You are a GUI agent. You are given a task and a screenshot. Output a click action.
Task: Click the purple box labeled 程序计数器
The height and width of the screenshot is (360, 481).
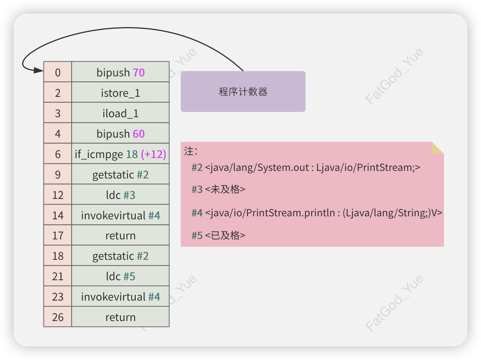point(243,92)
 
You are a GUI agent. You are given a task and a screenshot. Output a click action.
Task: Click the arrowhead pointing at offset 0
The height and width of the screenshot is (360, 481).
point(39,70)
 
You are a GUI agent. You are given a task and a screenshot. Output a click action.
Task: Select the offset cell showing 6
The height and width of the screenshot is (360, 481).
point(57,154)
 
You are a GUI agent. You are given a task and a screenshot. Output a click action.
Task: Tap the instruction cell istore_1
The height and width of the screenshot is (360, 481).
point(120,93)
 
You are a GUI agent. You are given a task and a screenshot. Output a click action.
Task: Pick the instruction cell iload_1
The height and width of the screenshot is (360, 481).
point(120,113)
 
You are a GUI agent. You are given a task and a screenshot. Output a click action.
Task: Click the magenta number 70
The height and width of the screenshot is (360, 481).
point(139,73)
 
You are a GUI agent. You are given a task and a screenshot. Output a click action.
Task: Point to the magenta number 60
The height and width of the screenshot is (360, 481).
point(139,134)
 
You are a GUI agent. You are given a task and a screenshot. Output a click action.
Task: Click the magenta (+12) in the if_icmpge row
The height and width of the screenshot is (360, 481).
point(154,154)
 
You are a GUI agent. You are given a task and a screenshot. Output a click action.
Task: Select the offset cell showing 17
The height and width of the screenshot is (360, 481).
point(57,236)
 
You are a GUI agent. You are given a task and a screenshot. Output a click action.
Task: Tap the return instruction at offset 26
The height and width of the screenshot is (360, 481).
point(120,317)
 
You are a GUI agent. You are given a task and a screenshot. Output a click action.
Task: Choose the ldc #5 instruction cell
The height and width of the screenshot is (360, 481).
point(120,276)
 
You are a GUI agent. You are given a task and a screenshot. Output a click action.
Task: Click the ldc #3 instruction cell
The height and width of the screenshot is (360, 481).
point(120,195)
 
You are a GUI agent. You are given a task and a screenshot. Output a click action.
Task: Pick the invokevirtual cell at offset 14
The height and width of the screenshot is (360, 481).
point(120,215)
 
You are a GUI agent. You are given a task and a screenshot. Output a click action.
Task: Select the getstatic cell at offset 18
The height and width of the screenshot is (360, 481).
point(120,256)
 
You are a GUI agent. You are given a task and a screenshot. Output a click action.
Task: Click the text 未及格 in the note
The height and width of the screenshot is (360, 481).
point(225,189)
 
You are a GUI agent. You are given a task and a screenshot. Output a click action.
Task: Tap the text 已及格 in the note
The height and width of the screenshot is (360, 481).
point(225,236)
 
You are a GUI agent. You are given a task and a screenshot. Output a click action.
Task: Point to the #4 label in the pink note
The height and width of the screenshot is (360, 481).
point(197,213)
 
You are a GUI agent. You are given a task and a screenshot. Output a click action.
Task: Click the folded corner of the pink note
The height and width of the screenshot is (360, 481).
point(437,148)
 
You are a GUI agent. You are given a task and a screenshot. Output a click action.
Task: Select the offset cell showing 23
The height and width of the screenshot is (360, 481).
point(57,297)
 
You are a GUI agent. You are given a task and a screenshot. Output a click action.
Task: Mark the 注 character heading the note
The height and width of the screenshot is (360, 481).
point(189,152)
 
